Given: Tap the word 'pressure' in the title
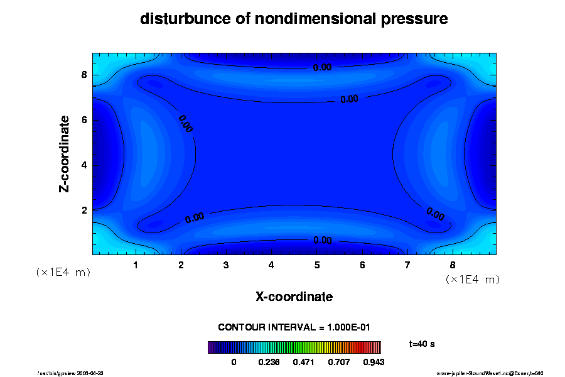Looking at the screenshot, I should [x=415, y=19].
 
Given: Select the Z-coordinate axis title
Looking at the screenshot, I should [x=65, y=153].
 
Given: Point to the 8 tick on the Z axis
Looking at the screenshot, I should [x=83, y=75].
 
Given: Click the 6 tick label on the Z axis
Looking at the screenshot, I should [x=83, y=120].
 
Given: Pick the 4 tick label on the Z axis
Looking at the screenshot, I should [x=83, y=165].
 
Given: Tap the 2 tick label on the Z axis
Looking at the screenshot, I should [x=83, y=210].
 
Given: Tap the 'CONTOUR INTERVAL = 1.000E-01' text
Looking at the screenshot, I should [x=294, y=327].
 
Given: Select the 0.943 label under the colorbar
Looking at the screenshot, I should [x=373, y=363].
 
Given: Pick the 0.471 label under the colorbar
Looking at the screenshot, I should [x=304, y=363].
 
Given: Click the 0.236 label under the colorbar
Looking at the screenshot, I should [x=269, y=363].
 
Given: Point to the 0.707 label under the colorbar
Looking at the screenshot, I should [x=338, y=363].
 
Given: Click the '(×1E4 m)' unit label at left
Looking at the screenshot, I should [x=63, y=272].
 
